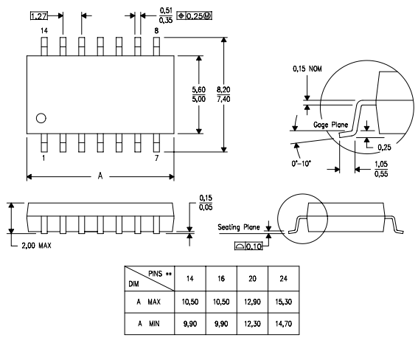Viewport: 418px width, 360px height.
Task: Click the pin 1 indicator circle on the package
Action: point(41,118)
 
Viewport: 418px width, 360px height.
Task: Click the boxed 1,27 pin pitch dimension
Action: point(39,16)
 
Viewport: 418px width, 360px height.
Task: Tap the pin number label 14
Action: point(44,31)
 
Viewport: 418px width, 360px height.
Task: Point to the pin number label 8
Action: point(156,31)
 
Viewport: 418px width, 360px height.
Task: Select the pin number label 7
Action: point(156,158)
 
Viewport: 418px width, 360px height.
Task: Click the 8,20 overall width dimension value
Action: point(223,89)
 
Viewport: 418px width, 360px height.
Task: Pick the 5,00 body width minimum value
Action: point(199,99)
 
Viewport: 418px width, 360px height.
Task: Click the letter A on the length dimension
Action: point(100,176)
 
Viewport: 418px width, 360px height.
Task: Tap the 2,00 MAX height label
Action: point(36,246)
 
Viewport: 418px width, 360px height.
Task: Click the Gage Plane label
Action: point(330,125)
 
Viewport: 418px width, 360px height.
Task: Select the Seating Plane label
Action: point(239,227)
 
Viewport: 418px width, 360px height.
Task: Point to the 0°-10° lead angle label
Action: point(302,163)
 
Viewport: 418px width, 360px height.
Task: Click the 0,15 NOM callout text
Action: point(307,69)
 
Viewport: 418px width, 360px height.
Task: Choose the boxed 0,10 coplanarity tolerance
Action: point(248,246)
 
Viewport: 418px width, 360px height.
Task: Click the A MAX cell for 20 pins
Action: point(252,302)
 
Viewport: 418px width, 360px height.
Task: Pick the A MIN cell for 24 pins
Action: point(283,324)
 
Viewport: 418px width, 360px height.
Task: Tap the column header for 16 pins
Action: point(221,279)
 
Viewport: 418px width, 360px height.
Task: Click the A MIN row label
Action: point(149,324)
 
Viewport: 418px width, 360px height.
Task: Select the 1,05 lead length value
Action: point(381,164)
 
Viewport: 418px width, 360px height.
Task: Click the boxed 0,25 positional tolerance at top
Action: point(195,16)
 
